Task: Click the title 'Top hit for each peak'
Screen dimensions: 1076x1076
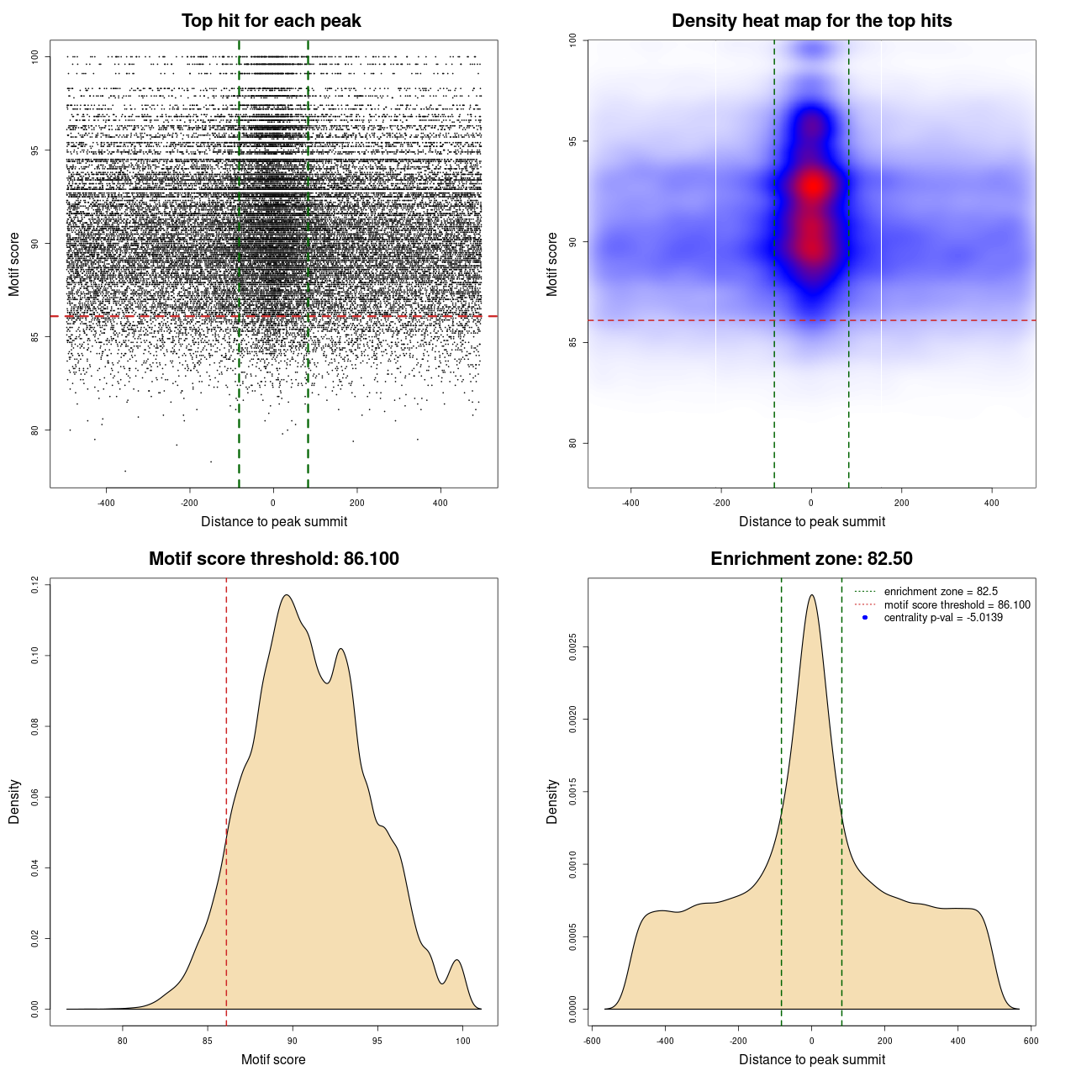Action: (271, 21)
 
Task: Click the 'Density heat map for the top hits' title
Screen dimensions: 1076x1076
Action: (811, 21)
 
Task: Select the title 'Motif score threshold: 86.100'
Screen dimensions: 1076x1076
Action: (273, 559)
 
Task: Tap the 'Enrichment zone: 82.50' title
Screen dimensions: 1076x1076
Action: (811, 559)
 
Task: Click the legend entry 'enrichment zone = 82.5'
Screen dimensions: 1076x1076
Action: (941, 592)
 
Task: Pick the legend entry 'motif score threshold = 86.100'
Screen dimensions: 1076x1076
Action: (957, 605)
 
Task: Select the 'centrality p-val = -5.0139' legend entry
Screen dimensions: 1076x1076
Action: (943, 618)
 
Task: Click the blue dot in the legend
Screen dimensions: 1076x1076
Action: (865, 618)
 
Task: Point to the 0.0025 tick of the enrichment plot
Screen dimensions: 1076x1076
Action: (573, 646)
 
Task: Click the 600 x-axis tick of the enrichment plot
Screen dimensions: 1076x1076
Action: (1031, 1041)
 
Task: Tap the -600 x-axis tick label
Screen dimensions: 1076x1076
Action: (593, 1041)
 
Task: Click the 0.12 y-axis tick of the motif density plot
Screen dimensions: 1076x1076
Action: (35, 584)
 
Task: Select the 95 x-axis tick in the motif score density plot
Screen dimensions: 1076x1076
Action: (377, 1041)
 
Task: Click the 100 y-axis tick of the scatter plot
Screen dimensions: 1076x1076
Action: (35, 56)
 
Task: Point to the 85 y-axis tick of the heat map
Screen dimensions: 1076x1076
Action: (573, 343)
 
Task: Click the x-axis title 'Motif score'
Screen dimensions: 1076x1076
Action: (273, 1060)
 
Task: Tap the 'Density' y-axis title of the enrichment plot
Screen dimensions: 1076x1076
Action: (552, 801)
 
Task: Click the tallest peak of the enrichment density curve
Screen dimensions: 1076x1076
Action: (811, 595)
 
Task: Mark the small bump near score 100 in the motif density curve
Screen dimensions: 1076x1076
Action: (456, 960)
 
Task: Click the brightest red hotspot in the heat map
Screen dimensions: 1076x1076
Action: (812, 186)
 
